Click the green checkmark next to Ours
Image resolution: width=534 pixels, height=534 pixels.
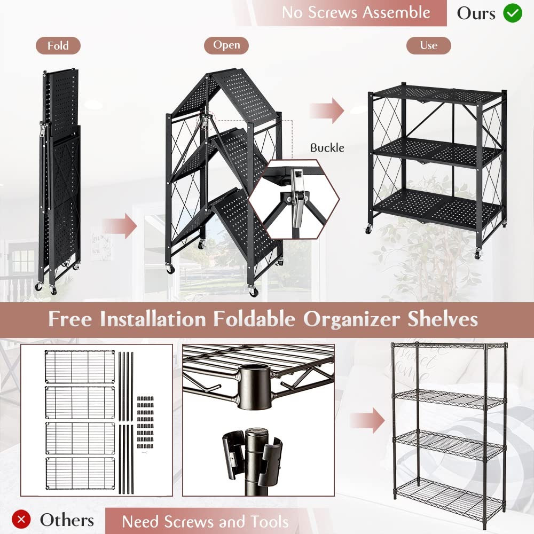pyautogui.click(x=512, y=13)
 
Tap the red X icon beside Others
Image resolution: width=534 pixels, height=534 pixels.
pyautogui.click(x=21, y=520)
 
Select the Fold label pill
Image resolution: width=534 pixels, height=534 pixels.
pyautogui.click(x=58, y=45)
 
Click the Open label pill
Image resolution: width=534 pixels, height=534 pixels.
pyautogui.click(x=226, y=45)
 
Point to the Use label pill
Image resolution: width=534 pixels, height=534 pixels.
pyautogui.click(x=428, y=45)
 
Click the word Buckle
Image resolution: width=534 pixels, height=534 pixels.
pyautogui.click(x=327, y=148)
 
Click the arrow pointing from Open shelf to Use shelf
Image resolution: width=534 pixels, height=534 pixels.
pyautogui.click(x=327, y=111)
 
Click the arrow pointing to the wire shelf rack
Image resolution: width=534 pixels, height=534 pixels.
pyautogui.click(x=367, y=420)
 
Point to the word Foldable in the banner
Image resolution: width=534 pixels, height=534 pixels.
pyautogui.click(x=254, y=319)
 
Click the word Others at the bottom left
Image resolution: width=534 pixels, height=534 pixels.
pyautogui.click(x=67, y=520)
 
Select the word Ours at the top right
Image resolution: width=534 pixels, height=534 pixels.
pyautogui.click(x=476, y=14)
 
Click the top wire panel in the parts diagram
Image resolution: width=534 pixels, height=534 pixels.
pyautogui.click(x=80, y=366)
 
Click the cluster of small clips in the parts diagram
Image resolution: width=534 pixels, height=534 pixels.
pyautogui.click(x=145, y=422)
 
